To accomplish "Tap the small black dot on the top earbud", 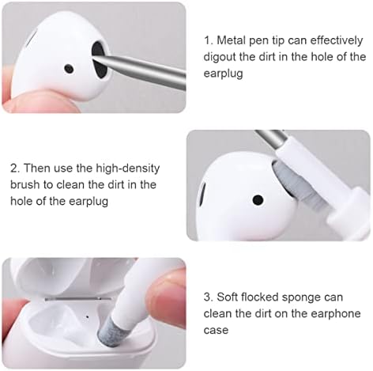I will [69, 69].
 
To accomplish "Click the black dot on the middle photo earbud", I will [257, 199].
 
